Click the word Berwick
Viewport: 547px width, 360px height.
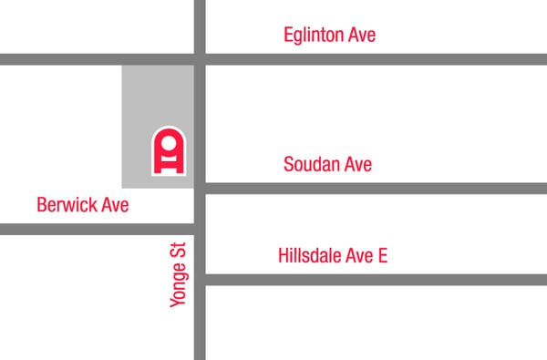click(x=67, y=205)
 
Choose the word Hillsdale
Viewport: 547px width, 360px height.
click(x=312, y=255)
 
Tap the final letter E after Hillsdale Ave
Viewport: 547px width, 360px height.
click(x=382, y=255)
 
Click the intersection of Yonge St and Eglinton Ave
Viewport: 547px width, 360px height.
click(x=200, y=59)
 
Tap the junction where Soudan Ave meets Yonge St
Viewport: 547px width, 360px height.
click(x=200, y=189)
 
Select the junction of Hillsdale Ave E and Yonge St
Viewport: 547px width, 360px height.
click(x=200, y=280)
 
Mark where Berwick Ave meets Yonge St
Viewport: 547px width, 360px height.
click(x=200, y=229)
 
